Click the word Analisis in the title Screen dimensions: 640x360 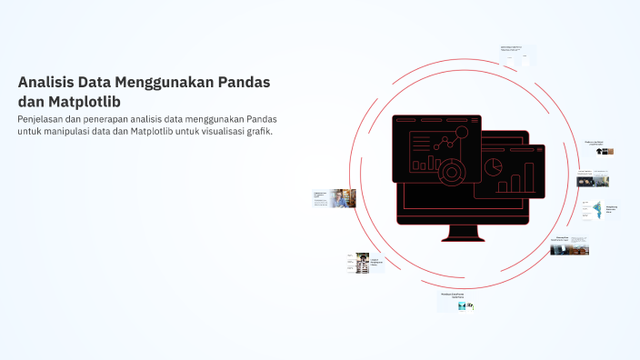[45, 83]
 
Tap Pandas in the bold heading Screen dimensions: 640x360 [244, 83]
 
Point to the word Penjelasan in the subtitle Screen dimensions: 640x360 [45, 119]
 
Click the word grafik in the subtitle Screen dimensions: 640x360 [260, 132]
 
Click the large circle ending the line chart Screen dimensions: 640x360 [461, 133]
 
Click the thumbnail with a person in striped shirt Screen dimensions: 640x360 [362, 263]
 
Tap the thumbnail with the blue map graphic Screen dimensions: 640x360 [598, 211]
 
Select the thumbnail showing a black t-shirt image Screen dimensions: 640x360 [603, 152]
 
